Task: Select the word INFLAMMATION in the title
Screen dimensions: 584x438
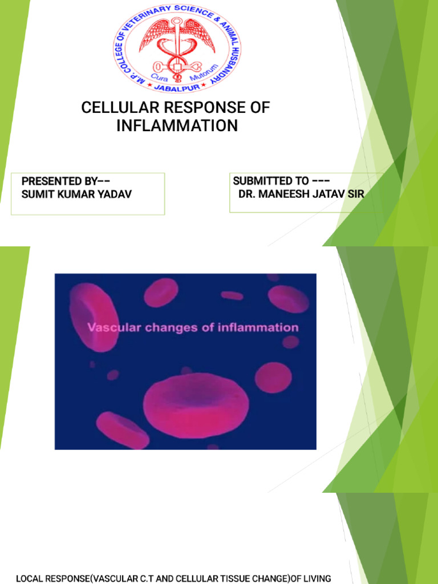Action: pos(177,125)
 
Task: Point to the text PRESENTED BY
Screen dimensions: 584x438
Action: pos(66,181)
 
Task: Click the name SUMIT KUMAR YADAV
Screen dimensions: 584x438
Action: pos(76,194)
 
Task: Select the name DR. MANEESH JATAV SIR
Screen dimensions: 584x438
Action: pos(301,194)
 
